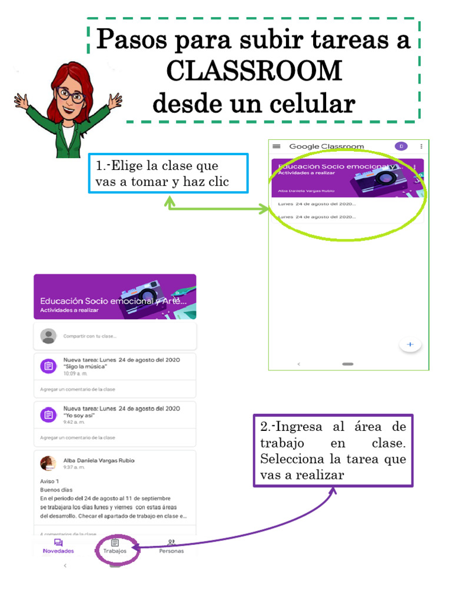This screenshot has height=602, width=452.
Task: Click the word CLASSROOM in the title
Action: [254, 71]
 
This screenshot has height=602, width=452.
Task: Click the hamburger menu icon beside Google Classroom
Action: [277, 146]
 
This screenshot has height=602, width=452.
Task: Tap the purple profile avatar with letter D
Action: [401, 146]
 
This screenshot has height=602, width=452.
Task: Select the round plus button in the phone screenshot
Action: [410, 345]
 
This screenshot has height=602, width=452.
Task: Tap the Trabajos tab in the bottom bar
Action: [115, 546]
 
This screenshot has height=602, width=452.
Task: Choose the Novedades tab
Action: [58, 546]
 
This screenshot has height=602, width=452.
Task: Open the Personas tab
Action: [171, 546]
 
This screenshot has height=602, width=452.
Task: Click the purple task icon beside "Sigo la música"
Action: [48, 366]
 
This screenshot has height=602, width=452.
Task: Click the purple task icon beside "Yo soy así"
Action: [48, 414]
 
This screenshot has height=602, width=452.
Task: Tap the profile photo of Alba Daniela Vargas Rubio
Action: [48, 463]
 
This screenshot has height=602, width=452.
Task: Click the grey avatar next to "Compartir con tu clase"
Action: [48, 336]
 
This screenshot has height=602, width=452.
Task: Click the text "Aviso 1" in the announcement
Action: [49, 481]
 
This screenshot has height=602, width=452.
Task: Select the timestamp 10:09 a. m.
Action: [75, 373]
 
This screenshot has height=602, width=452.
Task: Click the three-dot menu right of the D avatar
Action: [421, 146]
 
